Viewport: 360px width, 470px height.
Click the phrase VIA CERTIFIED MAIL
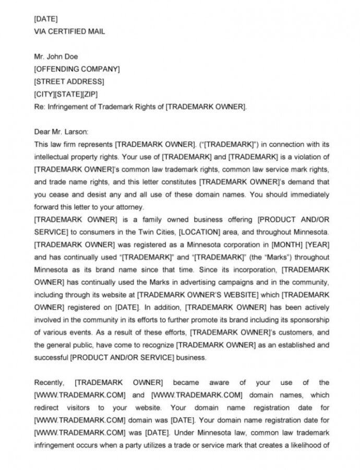click(x=69, y=31)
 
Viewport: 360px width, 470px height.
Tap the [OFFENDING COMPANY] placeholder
click(x=77, y=69)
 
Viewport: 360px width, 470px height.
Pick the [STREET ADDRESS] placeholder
click(x=69, y=81)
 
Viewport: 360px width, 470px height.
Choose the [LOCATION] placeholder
click(x=238, y=232)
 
